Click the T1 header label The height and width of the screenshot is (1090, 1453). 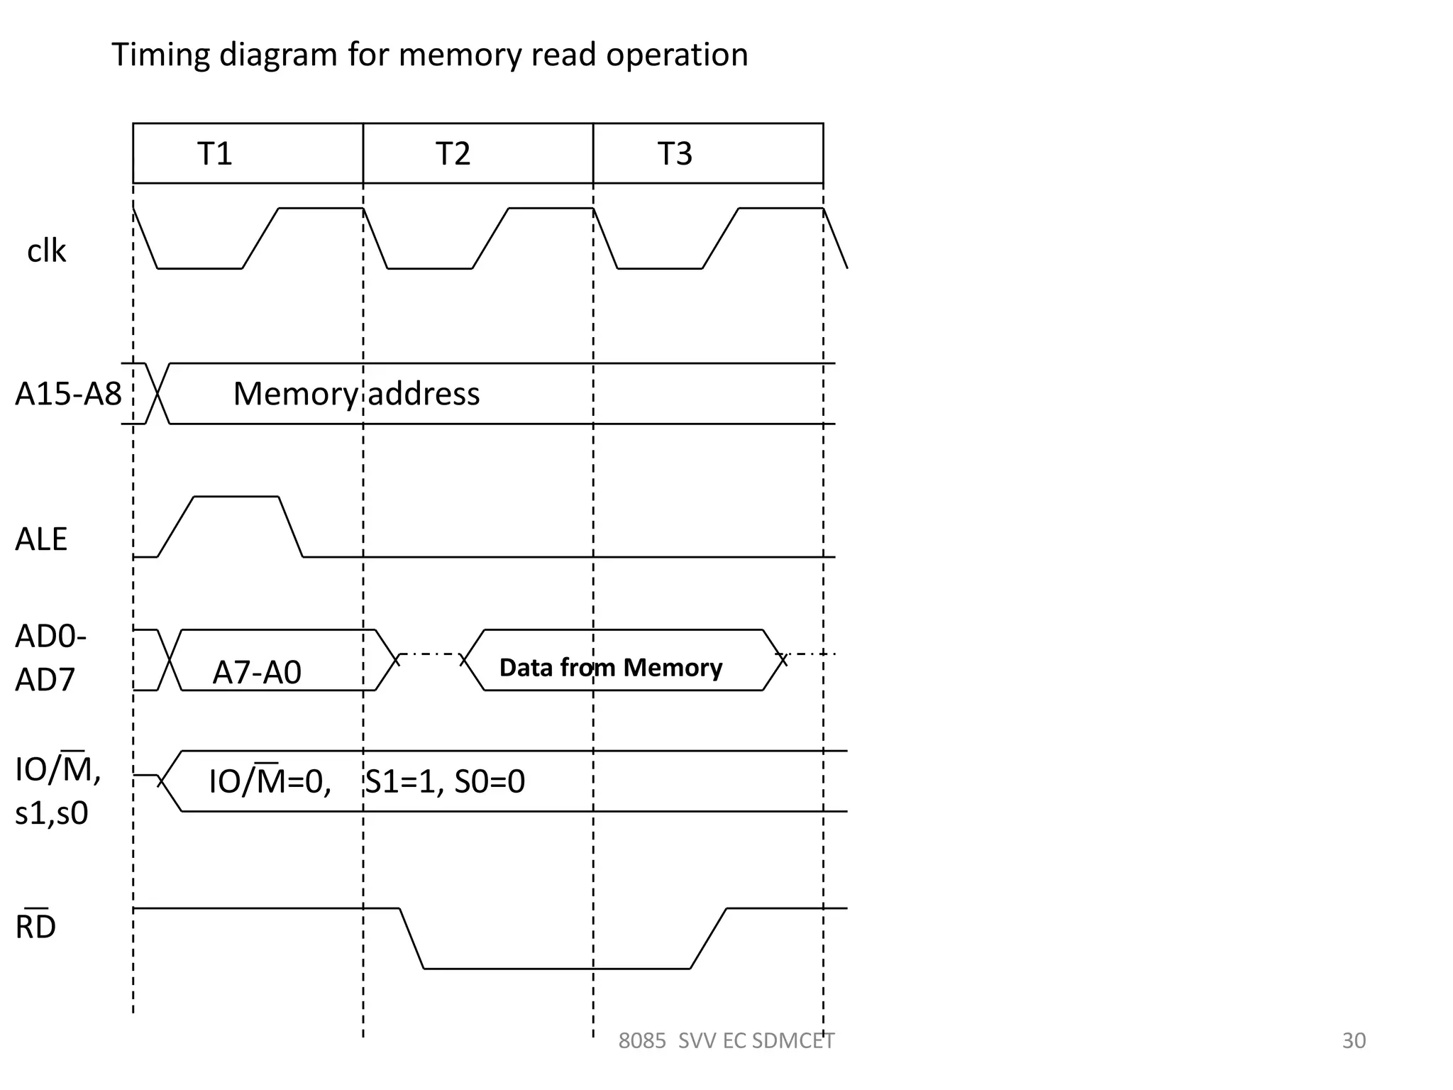[x=214, y=154]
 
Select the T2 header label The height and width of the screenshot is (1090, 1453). [x=453, y=154]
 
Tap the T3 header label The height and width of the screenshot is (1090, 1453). [x=674, y=154]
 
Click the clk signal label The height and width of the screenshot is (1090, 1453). [x=46, y=251]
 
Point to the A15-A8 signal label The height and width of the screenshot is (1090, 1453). [x=68, y=394]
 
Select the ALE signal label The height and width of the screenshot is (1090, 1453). [x=41, y=539]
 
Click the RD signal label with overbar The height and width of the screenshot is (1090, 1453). [x=35, y=926]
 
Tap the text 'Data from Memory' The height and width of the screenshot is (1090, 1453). [x=610, y=668]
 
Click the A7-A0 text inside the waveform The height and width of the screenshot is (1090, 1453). [x=257, y=672]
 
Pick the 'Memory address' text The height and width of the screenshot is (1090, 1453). [x=356, y=394]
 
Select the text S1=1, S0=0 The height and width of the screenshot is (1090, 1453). [x=445, y=781]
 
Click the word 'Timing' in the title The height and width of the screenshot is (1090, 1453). [x=160, y=55]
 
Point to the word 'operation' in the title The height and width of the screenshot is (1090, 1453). [x=677, y=55]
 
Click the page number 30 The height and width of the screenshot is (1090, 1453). [x=1354, y=1040]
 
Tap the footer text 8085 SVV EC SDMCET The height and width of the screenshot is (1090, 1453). [x=726, y=1040]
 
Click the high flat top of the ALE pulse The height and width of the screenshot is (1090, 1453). [x=236, y=497]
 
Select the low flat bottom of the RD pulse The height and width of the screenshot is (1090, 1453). [x=557, y=968]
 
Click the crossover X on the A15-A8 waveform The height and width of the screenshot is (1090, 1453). [x=158, y=394]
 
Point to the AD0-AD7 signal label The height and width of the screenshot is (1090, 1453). [x=50, y=658]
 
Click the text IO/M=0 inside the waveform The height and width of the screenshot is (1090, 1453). [x=270, y=781]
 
